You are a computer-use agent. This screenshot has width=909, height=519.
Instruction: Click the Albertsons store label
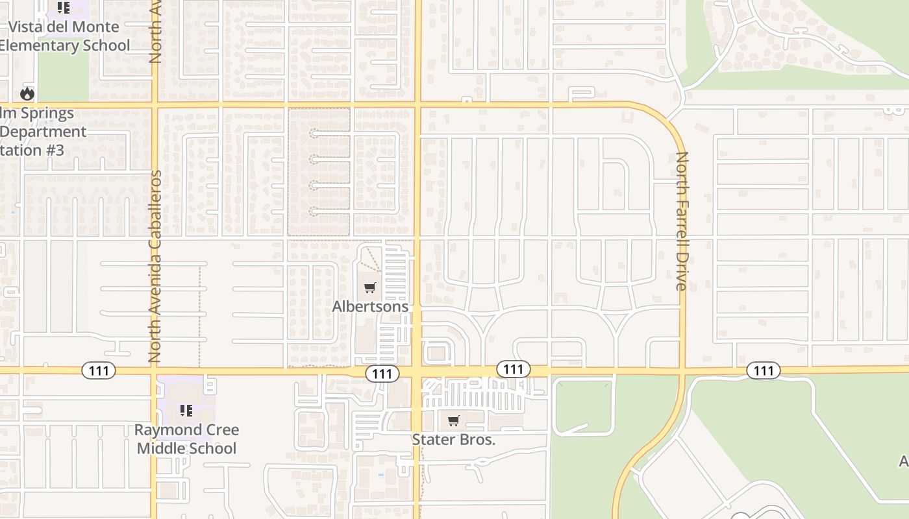(x=370, y=306)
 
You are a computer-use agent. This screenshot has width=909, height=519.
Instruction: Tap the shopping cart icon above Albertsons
(x=370, y=288)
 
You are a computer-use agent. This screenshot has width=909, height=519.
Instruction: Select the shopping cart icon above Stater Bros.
(x=454, y=420)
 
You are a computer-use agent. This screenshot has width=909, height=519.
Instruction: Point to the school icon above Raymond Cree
(x=186, y=410)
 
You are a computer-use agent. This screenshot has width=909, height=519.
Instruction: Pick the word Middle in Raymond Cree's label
(x=161, y=448)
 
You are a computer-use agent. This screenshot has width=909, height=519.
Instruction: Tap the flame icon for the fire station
(x=27, y=93)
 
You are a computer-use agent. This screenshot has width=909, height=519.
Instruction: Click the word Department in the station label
(x=43, y=132)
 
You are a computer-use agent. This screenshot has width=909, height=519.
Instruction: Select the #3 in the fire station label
(x=56, y=151)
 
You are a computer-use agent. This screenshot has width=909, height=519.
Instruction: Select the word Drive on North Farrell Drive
(x=682, y=272)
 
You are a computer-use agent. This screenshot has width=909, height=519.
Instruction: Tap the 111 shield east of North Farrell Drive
(x=764, y=370)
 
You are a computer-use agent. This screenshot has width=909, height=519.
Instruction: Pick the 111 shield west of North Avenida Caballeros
(x=99, y=370)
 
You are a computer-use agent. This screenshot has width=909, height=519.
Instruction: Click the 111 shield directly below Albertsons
(x=382, y=374)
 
